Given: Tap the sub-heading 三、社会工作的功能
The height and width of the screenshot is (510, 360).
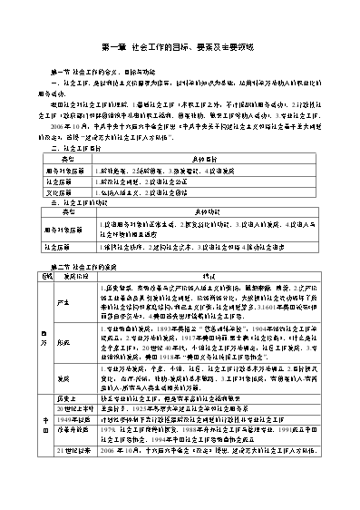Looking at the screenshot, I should pyautogui.click(x=76, y=204).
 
